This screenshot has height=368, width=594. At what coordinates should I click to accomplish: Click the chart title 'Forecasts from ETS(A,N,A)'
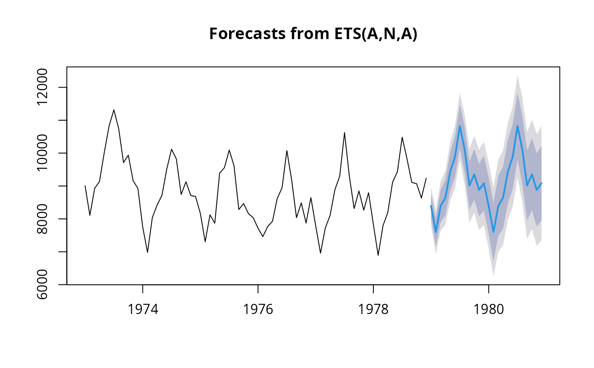coord(313,34)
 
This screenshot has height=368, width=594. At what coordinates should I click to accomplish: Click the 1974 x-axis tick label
coord(143,309)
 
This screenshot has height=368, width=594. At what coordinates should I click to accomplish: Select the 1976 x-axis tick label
coord(258,309)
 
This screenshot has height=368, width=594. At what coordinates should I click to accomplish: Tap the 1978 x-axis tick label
coord(373,309)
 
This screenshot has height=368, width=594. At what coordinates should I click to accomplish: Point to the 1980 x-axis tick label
coord(489,309)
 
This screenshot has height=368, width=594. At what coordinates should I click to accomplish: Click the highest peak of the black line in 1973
coord(114,110)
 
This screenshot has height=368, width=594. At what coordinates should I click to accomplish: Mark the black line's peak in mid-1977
coord(345,133)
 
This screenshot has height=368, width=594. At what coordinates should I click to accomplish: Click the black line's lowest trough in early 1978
coord(378,255)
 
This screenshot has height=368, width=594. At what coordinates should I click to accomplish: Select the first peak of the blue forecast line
coord(460,126)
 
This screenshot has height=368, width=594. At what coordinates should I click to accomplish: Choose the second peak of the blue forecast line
coord(518,126)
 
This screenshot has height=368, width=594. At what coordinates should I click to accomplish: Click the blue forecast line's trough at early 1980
coord(493,232)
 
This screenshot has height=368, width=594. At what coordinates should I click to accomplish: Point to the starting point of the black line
coord(85,186)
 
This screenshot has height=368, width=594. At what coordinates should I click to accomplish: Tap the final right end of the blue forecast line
coord(542,183)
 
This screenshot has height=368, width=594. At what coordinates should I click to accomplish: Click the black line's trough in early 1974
coord(148,252)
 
